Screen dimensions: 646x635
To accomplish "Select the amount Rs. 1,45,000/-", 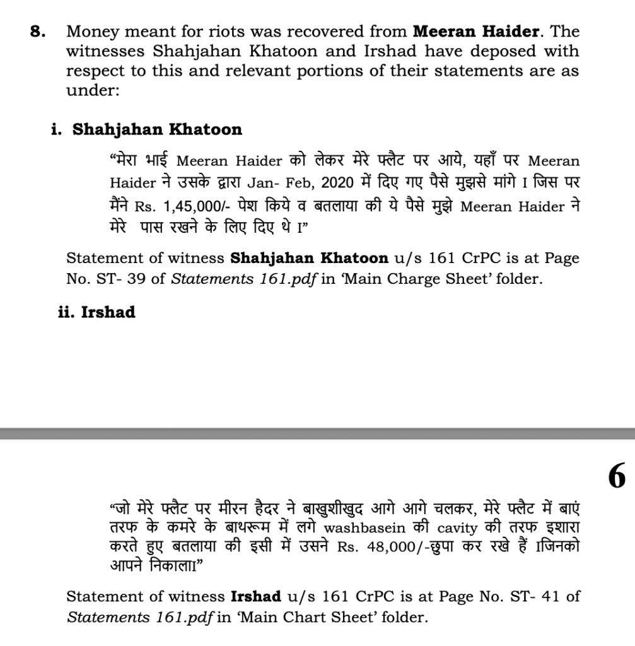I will (x=173, y=208).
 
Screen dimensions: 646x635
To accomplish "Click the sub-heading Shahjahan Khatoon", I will (x=157, y=130).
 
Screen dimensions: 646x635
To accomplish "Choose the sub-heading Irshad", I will (x=108, y=312).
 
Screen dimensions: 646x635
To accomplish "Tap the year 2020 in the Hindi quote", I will (x=335, y=184).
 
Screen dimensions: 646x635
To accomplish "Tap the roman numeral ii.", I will (x=65, y=312).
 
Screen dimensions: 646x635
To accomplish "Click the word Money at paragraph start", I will (x=91, y=32).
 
